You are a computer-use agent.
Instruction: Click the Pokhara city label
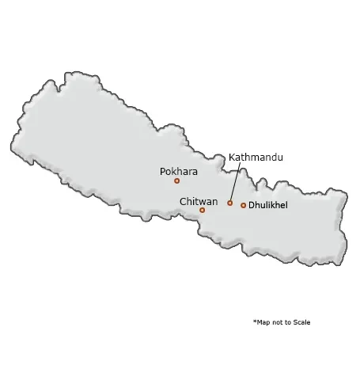click(x=179, y=171)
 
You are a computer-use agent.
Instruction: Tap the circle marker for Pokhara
click(x=176, y=180)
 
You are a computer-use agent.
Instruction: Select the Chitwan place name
click(x=199, y=202)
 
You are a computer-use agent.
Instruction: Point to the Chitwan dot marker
click(x=202, y=210)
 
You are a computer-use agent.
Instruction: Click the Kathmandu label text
click(x=256, y=158)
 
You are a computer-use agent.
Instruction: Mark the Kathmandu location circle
click(x=229, y=203)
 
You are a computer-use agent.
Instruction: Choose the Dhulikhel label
click(x=268, y=205)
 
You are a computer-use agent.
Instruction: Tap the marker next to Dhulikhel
click(x=243, y=205)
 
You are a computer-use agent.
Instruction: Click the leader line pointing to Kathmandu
click(x=235, y=183)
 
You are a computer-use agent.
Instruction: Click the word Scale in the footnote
click(x=301, y=322)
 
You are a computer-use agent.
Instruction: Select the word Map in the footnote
click(x=263, y=322)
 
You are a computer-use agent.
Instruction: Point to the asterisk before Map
click(x=255, y=321)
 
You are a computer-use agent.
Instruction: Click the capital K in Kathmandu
click(x=232, y=158)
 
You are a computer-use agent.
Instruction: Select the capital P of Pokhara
click(x=163, y=171)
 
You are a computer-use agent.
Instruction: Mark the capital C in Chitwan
click(x=183, y=202)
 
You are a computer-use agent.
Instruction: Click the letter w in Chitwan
click(x=203, y=202)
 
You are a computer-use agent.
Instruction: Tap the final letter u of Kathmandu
click(x=279, y=158)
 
